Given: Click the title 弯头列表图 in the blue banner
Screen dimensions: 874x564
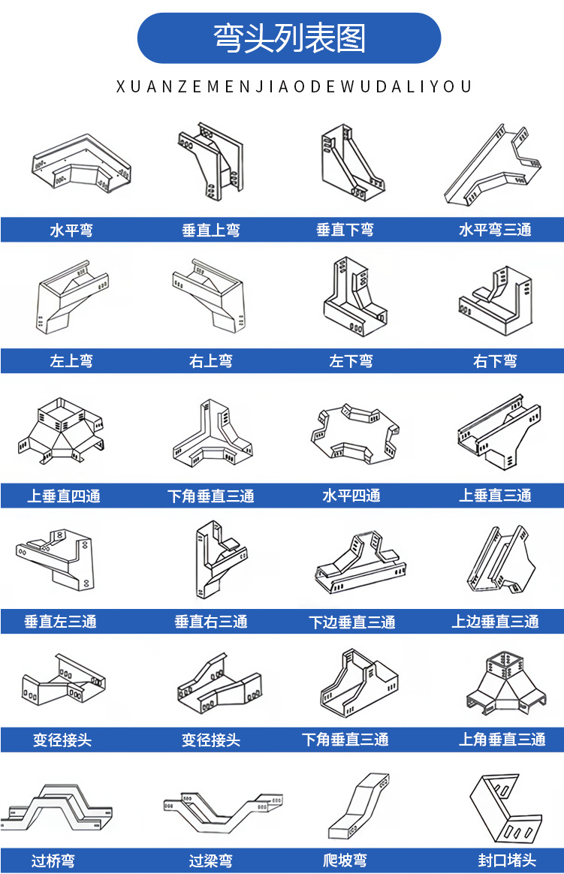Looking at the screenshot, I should click(x=289, y=38).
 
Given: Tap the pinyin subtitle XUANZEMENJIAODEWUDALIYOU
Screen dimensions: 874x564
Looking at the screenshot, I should click(x=294, y=87).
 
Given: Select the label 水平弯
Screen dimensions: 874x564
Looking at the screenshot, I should click(x=71, y=231).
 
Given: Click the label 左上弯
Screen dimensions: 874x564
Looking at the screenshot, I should click(x=71, y=361).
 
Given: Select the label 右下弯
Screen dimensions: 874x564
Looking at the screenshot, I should click(x=495, y=361).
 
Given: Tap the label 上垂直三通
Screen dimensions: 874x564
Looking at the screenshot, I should click(x=495, y=496).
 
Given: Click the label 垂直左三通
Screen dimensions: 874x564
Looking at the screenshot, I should click(x=60, y=622).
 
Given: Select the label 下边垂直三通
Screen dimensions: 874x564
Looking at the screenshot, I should click(x=351, y=622).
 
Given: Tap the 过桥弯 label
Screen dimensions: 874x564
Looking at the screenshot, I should click(x=53, y=861).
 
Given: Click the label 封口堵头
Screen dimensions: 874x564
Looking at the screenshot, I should click(x=507, y=861).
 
